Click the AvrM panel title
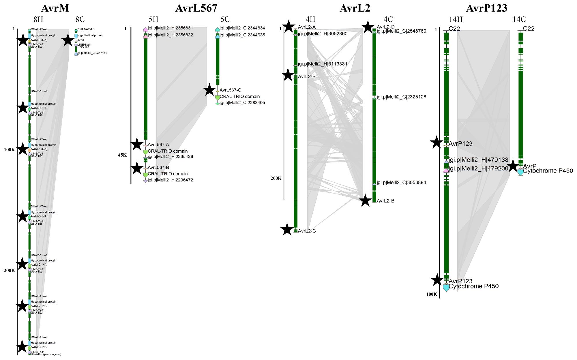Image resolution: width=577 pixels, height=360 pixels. tap(55, 8)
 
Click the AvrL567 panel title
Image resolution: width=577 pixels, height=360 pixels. tap(196, 8)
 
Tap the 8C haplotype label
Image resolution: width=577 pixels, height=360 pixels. tap(80, 19)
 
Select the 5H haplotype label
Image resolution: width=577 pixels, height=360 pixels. tap(153, 19)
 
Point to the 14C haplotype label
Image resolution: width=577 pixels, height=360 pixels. tap(519, 19)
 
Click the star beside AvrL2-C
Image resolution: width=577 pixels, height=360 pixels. tap(287, 230)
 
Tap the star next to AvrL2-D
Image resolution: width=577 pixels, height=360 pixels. tap(368, 27)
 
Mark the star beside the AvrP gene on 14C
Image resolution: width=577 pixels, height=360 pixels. tap(513, 166)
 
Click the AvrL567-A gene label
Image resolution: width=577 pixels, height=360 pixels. tap(158, 145)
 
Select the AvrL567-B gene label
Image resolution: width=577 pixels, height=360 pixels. tap(158, 168)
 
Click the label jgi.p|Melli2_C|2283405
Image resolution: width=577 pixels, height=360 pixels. tap(242, 103)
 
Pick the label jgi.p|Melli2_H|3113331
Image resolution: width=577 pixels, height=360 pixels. tap(323, 64)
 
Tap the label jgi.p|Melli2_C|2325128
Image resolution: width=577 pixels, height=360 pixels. tap(401, 97)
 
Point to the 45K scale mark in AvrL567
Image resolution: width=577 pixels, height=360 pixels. tap(122, 155)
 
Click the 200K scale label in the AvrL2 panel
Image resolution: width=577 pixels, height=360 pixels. tap(276, 178)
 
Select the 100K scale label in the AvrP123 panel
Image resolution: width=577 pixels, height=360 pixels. tap(432, 294)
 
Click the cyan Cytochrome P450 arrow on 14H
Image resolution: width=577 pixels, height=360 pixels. tap(446, 288)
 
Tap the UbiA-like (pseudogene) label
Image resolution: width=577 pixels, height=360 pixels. tap(46, 354)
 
